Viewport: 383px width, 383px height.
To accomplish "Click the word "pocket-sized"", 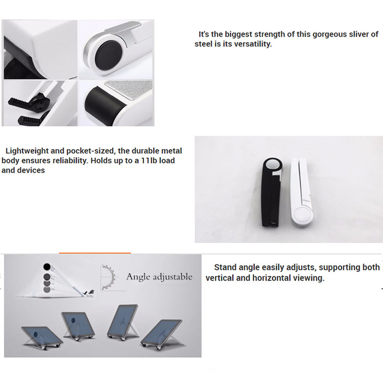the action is point(90,151).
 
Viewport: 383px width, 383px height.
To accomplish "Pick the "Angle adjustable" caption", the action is point(159,277).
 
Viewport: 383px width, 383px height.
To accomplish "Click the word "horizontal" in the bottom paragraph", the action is point(271,278).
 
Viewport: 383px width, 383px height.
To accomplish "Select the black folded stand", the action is point(271,192).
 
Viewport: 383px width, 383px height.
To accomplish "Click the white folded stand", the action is point(302,193).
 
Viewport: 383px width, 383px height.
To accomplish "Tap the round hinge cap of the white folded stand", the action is point(303,215).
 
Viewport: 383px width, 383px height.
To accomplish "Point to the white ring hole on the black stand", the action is point(273,164).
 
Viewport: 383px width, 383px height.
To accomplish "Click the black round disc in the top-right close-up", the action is point(108,55).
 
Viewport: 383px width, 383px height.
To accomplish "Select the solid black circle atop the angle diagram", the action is point(47,267).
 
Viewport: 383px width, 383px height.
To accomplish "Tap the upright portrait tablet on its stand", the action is point(123,321).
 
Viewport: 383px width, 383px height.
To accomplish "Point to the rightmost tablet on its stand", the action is point(162,332).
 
